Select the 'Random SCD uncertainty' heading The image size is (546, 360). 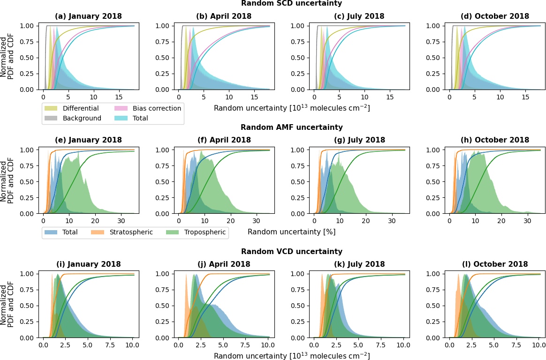pyautogui.click(x=291, y=3)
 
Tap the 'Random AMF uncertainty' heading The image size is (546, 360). pyautogui.click(x=291, y=127)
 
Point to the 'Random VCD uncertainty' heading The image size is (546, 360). pyautogui.click(x=291, y=251)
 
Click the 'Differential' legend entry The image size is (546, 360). pyautogui.click(x=80, y=108)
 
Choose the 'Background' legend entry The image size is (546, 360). pyautogui.click(x=82, y=118)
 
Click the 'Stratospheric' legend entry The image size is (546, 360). pyautogui.click(x=131, y=232)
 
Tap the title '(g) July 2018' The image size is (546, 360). pyautogui.click(x=359, y=140)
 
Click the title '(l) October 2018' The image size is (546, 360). pyautogui.click(x=494, y=264)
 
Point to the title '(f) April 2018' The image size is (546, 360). pyautogui.click(x=223, y=140)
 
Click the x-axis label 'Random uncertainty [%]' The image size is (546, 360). pyautogui.click(x=291, y=232)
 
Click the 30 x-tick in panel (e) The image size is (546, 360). pyautogui.click(x=121, y=221)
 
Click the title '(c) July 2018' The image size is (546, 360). pyautogui.click(x=359, y=16)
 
